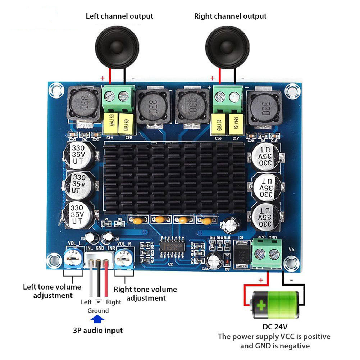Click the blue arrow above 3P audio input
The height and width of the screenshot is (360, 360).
tap(97, 319)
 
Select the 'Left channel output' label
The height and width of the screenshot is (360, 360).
tap(119, 16)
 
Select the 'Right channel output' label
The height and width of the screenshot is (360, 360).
tap(230, 16)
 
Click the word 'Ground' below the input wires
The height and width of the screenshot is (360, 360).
tap(98, 310)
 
